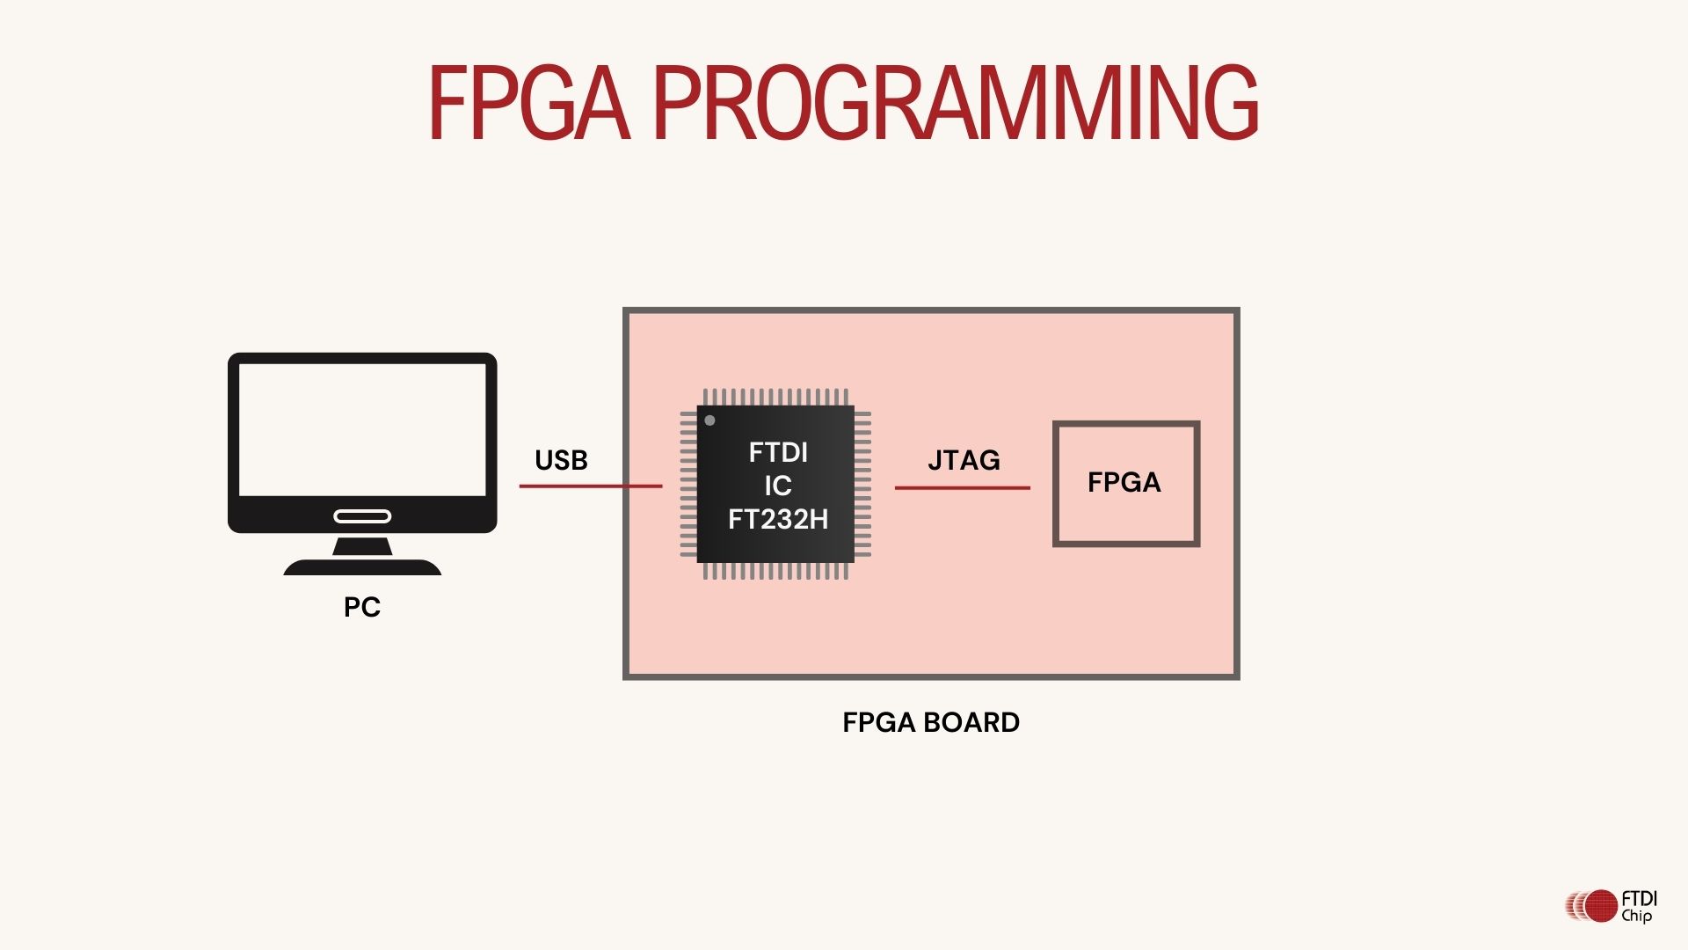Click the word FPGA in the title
pyautogui.click(x=528, y=103)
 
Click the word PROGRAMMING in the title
pyautogui.click(x=957, y=103)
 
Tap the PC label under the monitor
pyautogui.click(x=361, y=607)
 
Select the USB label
pyautogui.click(x=561, y=460)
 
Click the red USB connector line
pyautogui.click(x=590, y=486)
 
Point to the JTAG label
pyautogui.click(x=964, y=460)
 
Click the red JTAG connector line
pyautogui.click(x=962, y=487)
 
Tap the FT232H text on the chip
pyautogui.click(x=778, y=519)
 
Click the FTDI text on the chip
pyautogui.click(x=778, y=452)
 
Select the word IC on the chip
pyautogui.click(x=778, y=486)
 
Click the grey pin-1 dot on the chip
pyautogui.click(x=709, y=420)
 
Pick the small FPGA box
pyautogui.click(x=1125, y=483)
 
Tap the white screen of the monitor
pyautogui.click(x=362, y=429)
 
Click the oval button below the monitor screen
pyautogui.click(x=362, y=516)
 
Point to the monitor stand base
pyautogui.click(x=362, y=567)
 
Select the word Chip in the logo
pyautogui.click(x=1637, y=916)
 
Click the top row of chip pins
pyautogui.click(x=775, y=397)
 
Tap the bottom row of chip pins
pyautogui.click(x=775, y=572)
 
